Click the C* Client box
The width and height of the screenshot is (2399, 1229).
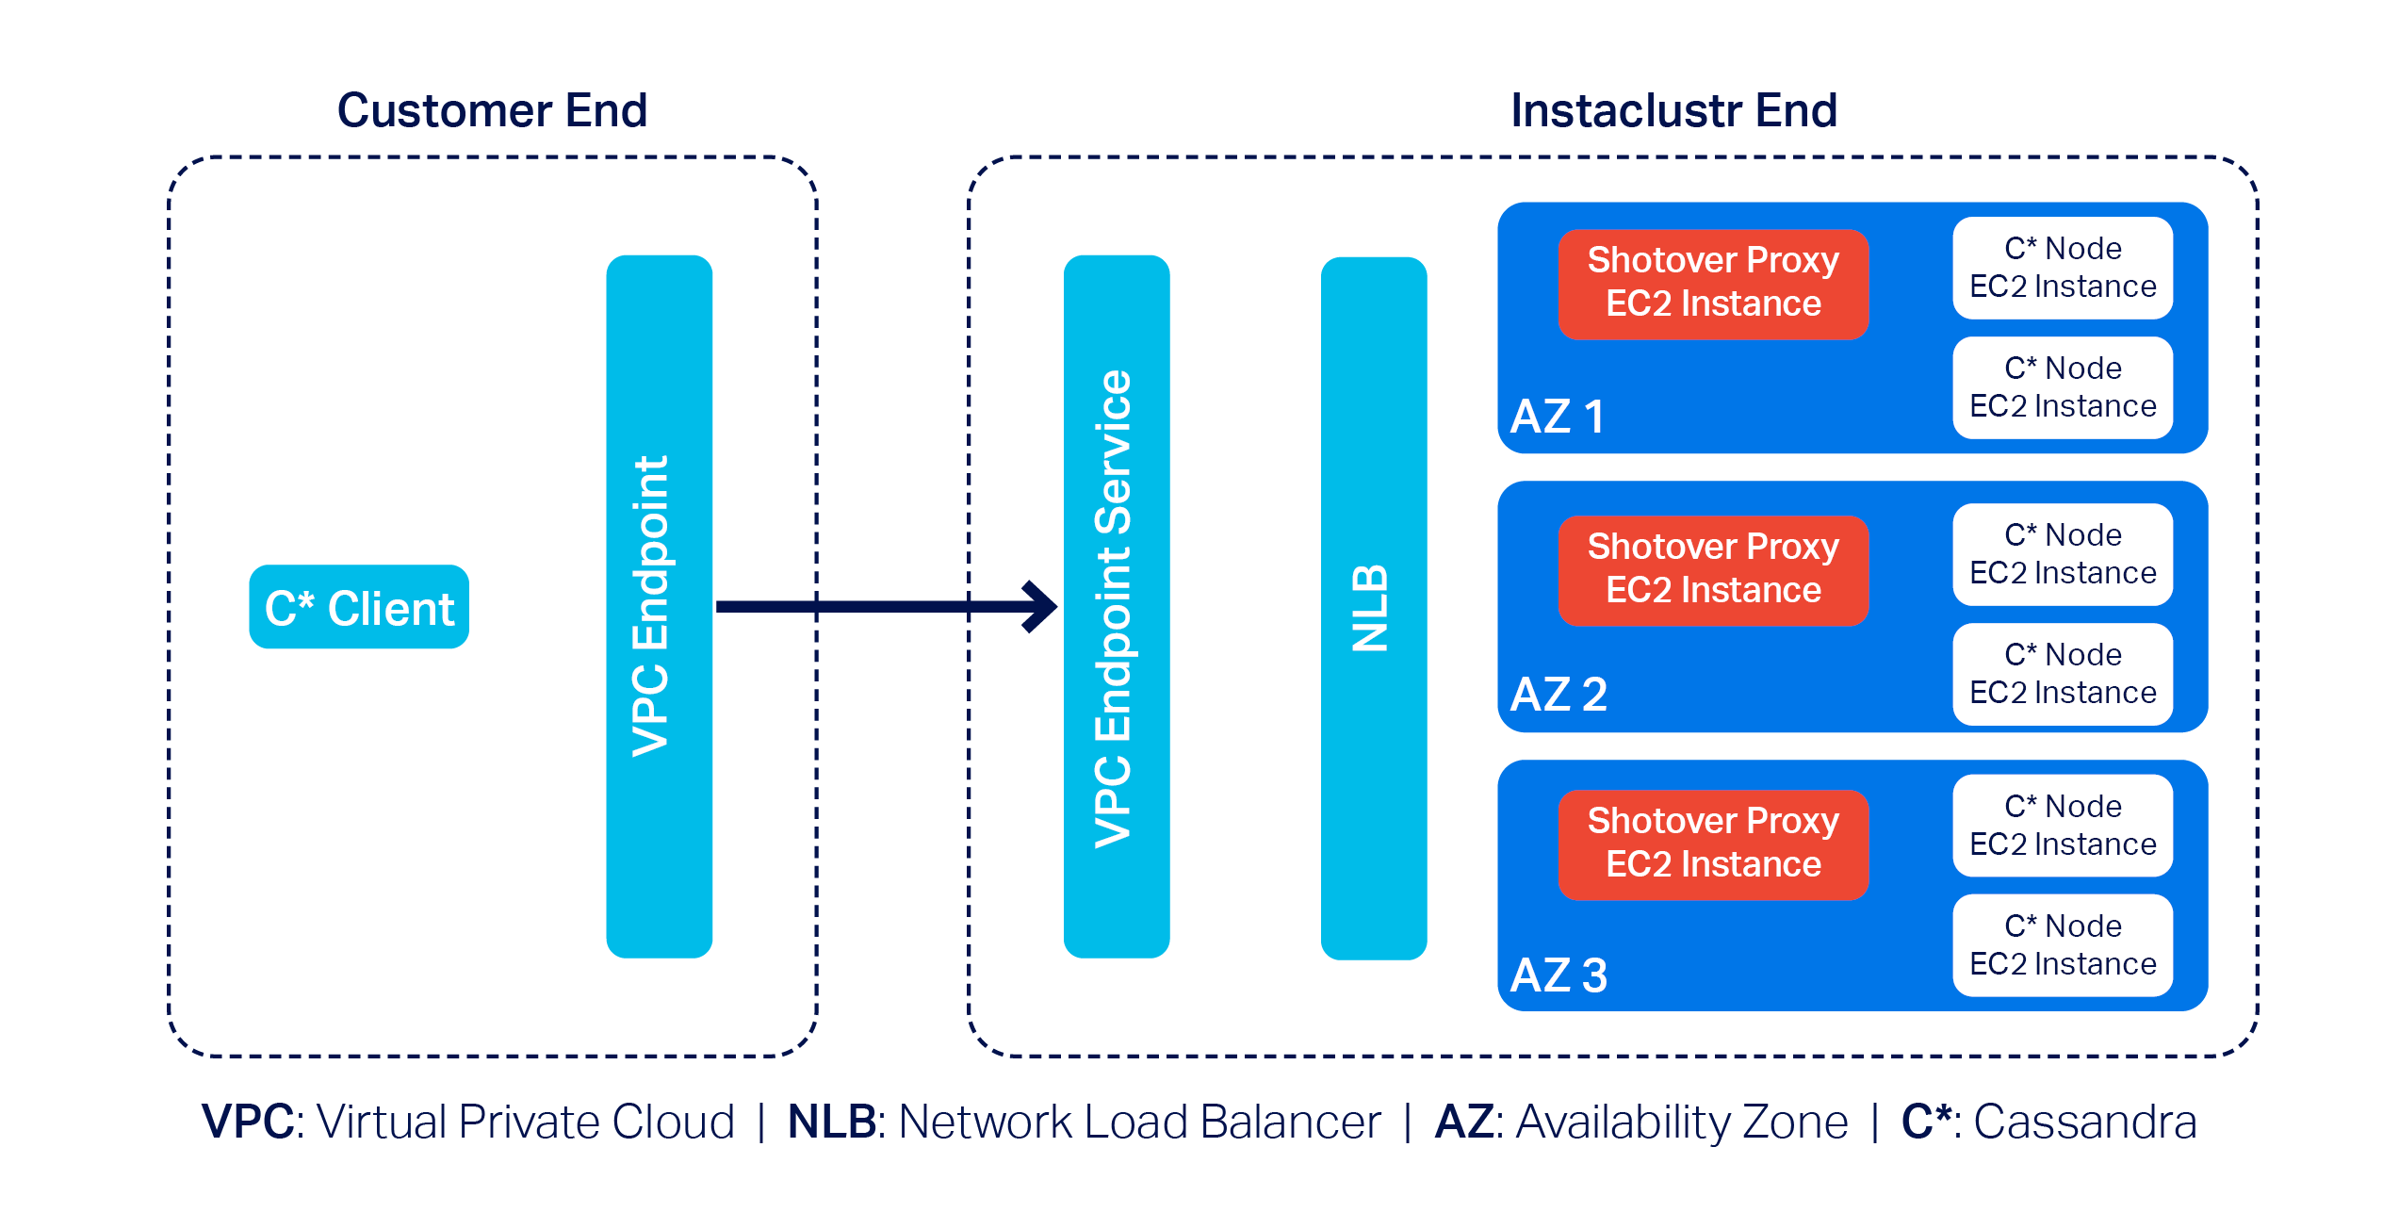coord(359,607)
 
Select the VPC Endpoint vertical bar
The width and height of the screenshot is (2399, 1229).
coord(659,606)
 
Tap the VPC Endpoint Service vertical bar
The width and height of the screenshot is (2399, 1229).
coord(1117,606)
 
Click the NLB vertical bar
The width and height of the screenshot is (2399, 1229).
coord(1373,608)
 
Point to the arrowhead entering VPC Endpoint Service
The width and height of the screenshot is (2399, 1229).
coord(1041,606)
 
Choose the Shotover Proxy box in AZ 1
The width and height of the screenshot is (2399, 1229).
coord(1712,283)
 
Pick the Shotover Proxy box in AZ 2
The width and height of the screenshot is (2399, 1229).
coord(1712,569)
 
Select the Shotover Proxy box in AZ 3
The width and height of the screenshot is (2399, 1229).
coord(1712,844)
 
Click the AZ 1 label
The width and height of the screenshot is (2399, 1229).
coord(1557,417)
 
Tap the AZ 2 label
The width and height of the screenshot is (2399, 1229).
coord(1559,695)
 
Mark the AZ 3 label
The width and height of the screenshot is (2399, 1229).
coord(1559,975)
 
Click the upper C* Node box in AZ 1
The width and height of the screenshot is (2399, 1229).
coord(2062,268)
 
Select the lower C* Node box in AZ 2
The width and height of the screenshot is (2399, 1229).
coord(2062,674)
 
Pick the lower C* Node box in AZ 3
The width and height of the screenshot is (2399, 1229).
coord(2062,945)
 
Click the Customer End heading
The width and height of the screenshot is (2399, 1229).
coord(492,110)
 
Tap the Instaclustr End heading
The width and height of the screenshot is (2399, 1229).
coord(1673,110)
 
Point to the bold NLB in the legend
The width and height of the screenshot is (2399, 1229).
coord(832,1122)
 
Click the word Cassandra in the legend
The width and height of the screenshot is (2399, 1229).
coord(2084,1122)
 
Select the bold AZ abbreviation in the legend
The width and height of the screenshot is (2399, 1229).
coord(1463,1122)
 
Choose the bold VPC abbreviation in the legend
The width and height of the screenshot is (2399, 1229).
coord(248,1122)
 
